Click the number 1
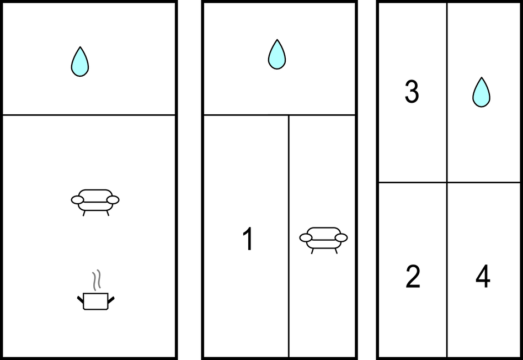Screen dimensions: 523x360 click(x=248, y=239)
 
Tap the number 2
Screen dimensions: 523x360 click(x=413, y=276)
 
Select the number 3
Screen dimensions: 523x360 click(x=412, y=92)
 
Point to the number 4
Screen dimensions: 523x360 click(x=483, y=276)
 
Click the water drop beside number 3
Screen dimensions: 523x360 click(x=481, y=93)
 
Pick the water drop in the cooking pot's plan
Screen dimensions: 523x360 click(x=80, y=62)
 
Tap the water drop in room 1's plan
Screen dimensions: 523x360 click(x=277, y=55)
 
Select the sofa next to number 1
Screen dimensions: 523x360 click(x=323, y=240)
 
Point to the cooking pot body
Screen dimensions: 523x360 click(x=96, y=301)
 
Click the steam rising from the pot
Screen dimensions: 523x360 click(x=97, y=280)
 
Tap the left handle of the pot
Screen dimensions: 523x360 click(x=81, y=300)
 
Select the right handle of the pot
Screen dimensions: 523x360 click(x=111, y=300)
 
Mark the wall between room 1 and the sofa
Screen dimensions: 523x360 click(x=289, y=236)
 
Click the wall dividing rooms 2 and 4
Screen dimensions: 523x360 click(x=447, y=270)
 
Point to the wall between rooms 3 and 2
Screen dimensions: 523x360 click(x=412, y=183)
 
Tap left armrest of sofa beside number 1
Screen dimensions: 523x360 click(x=306, y=238)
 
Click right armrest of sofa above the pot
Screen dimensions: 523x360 click(x=113, y=200)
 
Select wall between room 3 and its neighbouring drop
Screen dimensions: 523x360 click(x=447, y=93)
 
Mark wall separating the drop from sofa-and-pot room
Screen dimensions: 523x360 click(x=89, y=115)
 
